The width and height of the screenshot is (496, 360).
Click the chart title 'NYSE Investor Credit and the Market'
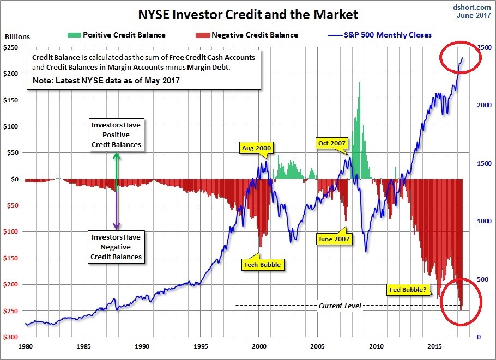(248, 13)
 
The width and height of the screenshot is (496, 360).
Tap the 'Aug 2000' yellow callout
(257, 148)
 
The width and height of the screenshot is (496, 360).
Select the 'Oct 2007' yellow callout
(332, 143)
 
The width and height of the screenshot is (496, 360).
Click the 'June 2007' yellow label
(334, 238)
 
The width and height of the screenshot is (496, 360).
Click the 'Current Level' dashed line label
(340, 306)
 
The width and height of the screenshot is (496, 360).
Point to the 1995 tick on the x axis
(201, 346)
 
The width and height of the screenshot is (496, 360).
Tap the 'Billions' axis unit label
(17, 37)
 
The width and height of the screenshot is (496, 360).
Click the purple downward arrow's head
(116, 226)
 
